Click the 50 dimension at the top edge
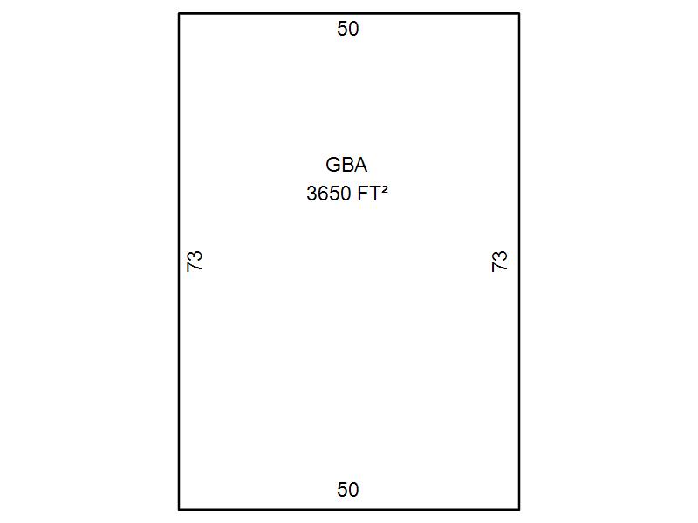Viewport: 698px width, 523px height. coord(347,29)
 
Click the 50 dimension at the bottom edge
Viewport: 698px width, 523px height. coord(347,490)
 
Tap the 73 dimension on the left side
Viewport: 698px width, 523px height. coord(195,261)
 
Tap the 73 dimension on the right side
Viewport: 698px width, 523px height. coord(499,261)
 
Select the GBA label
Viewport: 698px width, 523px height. coord(346,165)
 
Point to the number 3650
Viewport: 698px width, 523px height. coord(329,194)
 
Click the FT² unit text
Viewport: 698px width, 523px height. coord(373,193)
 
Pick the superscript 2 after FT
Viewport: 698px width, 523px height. coord(384,189)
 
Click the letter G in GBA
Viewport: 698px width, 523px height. coord(333,165)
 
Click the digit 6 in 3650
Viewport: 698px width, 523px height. coord(323,194)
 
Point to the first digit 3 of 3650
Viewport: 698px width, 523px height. coord(311,194)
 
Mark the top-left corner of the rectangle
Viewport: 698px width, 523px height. coord(179,14)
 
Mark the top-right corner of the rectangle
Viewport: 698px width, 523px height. coord(519,14)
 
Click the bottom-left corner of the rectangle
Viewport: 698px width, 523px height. coord(179,509)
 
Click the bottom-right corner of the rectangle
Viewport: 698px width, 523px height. coord(519,509)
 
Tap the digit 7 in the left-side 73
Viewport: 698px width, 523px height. coord(195,267)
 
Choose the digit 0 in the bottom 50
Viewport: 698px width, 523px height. coord(353,490)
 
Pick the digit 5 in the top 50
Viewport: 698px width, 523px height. coord(342,29)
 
